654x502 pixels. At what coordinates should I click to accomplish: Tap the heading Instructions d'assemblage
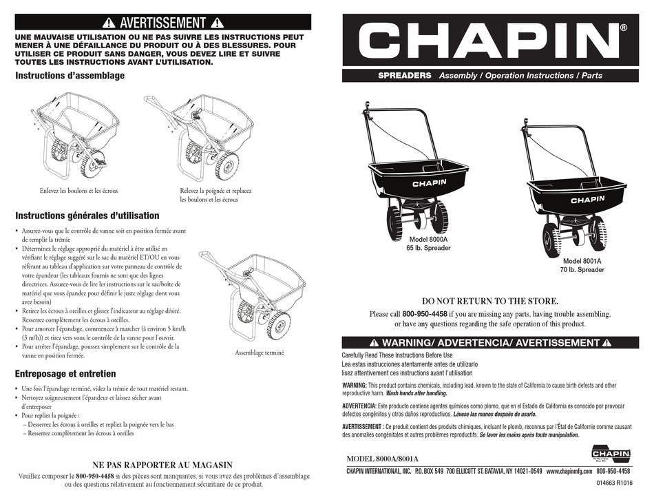pyautogui.click(x=70, y=76)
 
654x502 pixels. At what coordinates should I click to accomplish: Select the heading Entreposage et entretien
pyautogui.click(x=65, y=374)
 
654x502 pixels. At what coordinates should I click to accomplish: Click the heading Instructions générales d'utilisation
pyautogui.click(x=87, y=216)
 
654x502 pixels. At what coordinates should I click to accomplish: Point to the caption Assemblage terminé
pyautogui.click(x=260, y=353)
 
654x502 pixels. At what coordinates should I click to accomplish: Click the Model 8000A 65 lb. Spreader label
pyautogui.click(x=428, y=244)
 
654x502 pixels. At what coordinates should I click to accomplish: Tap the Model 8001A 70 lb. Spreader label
pyautogui.click(x=582, y=266)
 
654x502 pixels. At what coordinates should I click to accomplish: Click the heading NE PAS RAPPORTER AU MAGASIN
pyautogui.click(x=162, y=465)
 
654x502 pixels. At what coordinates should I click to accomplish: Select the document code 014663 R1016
pyautogui.click(x=610, y=483)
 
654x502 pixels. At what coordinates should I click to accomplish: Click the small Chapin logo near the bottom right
pyautogui.click(x=611, y=453)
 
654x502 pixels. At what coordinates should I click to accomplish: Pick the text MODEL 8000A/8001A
pyautogui.click(x=383, y=459)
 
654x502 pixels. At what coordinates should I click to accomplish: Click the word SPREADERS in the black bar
pyautogui.click(x=405, y=76)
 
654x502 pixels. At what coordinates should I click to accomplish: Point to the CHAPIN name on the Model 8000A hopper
pyautogui.click(x=430, y=183)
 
